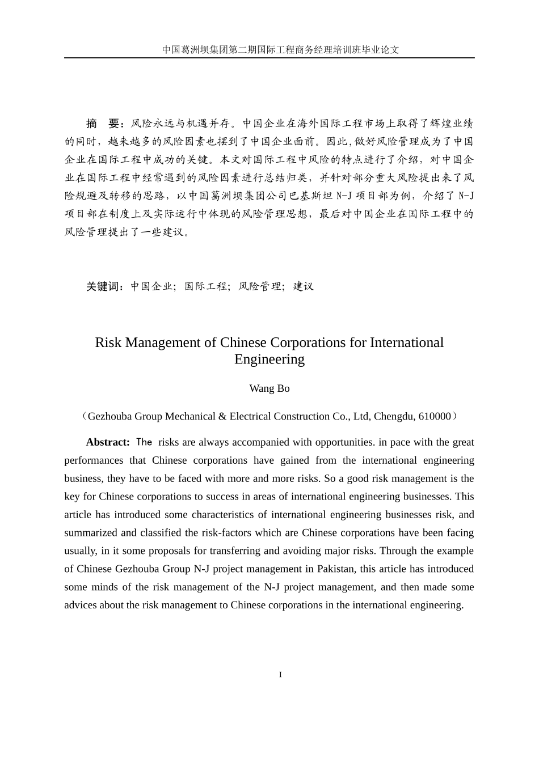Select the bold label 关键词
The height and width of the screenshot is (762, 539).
(x=104, y=286)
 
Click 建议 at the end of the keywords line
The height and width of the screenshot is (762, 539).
(x=303, y=286)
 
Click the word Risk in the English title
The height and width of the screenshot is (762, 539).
(x=108, y=342)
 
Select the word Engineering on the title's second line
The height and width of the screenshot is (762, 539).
(x=269, y=359)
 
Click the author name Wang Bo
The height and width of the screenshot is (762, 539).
(x=269, y=388)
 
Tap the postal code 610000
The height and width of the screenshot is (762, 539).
(x=435, y=416)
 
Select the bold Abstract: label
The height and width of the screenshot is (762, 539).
(x=108, y=442)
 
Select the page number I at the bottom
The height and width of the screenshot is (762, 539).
(x=280, y=675)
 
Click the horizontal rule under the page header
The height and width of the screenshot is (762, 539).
(x=269, y=58)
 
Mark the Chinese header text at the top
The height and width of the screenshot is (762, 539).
(x=280, y=49)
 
